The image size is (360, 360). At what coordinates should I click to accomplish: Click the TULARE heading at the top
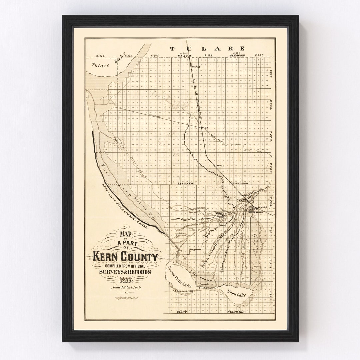[208, 49]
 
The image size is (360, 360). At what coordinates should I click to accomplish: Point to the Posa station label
[205, 127]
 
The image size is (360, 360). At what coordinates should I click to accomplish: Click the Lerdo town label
[219, 165]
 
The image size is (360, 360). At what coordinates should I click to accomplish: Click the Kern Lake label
[236, 293]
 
